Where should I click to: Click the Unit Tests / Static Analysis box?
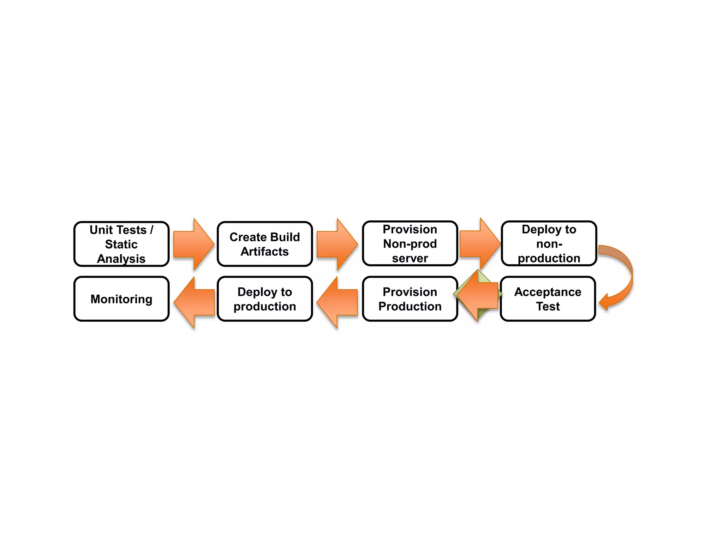click(x=121, y=244)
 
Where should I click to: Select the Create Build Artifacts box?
click(x=265, y=244)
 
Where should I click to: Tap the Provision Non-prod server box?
click(x=410, y=243)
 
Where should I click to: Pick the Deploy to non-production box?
click(x=549, y=243)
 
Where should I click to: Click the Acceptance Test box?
click(x=548, y=299)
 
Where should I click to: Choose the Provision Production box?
click(x=410, y=299)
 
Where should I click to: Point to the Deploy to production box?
click(x=265, y=299)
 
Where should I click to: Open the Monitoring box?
click(x=121, y=299)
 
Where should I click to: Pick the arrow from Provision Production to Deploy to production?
click(x=337, y=302)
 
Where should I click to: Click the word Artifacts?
click(x=265, y=252)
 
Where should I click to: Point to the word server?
click(x=410, y=258)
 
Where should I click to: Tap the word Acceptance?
click(x=548, y=292)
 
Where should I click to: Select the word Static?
click(x=121, y=244)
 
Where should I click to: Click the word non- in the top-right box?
click(x=549, y=244)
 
